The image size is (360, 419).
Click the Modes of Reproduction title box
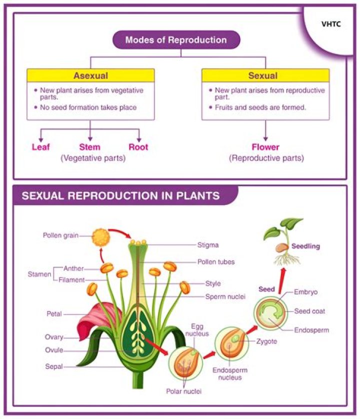click(x=176, y=40)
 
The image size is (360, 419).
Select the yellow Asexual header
click(x=90, y=76)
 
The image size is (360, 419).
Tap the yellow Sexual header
click(x=265, y=76)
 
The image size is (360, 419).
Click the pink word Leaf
click(x=41, y=147)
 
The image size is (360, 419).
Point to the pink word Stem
click(x=90, y=147)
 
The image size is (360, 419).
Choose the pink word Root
click(x=138, y=147)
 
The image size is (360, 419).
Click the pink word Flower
click(x=265, y=147)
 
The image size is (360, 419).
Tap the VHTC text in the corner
click(x=331, y=24)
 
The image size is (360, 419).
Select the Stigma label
click(x=207, y=245)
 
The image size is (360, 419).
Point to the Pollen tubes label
click(x=215, y=261)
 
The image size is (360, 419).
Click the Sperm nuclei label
click(x=225, y=296)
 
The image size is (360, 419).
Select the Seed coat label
click(x=309, y=311)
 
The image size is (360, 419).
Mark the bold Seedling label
click(x=306, y=246)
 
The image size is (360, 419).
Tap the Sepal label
click(x=53, y=366)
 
